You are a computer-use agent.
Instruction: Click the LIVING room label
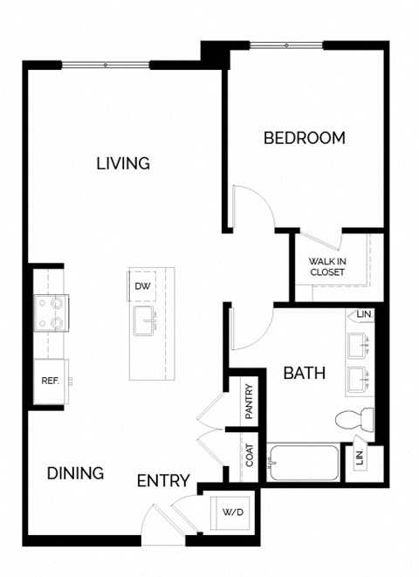pyautogui.click(x=123, y=163)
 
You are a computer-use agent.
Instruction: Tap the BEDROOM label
pyautogui.click(x=305, y=138)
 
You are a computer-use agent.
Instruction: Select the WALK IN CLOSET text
pyautogui.click(x=327, y=266)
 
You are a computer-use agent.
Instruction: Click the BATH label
pyautogui.click(x=305, y=374)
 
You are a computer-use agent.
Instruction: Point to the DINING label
pyautogui.click(x=75, y=473)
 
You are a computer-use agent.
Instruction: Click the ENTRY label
pyautogui.click(x=164, y=480)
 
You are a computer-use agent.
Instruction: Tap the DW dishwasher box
pyautogui.click(x=141, y=286)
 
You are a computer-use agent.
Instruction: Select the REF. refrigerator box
pyautogui.click(x=50, y=381)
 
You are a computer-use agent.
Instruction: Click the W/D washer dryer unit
pyautogui.click(x=232, y=512)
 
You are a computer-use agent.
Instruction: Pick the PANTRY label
pyautogui.click(x=249, y=402)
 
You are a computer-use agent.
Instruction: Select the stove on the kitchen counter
pyautogui.click(x=49, y=313)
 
